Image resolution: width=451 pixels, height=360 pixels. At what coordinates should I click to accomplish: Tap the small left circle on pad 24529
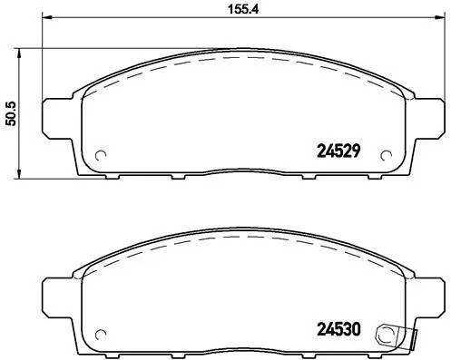click(101, 153)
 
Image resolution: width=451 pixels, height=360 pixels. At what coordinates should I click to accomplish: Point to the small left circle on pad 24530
click(101, 332)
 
